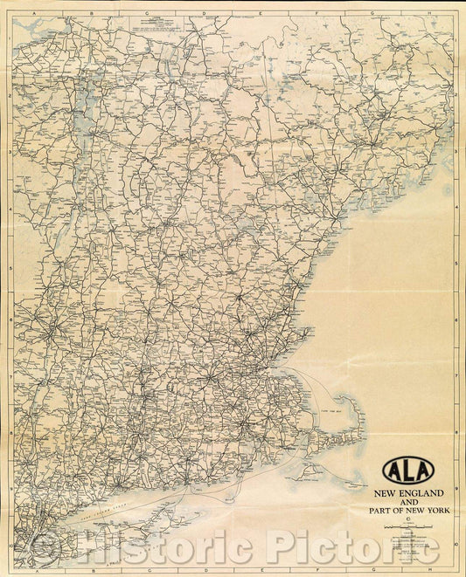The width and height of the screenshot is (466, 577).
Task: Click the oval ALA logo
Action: point(408,471)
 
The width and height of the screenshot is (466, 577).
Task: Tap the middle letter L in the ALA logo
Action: point(408,471)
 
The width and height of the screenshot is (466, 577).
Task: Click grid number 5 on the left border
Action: point(8,266)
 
